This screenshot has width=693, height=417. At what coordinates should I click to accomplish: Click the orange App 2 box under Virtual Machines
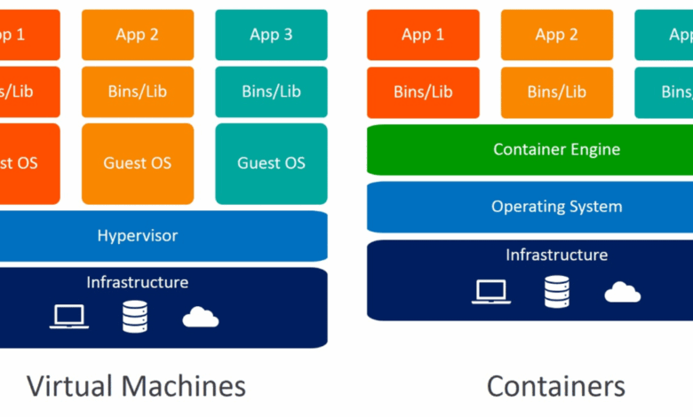point(138,35)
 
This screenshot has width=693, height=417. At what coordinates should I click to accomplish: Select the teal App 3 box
point(271,35)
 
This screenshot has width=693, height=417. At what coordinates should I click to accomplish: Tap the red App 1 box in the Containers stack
point(423,35)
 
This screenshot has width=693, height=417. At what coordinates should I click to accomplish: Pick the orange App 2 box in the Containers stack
point(556,35)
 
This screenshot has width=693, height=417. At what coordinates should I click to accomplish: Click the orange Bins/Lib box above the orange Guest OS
point(138,91)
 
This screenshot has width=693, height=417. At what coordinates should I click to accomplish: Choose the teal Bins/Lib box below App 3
point(271,91)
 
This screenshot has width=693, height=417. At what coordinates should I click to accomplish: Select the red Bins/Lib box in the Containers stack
point(423,91)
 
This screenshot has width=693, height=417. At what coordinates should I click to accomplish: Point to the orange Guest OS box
point(138,163)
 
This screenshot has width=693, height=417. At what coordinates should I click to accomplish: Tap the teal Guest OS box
point(271,163)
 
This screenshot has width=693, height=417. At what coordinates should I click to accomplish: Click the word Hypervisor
point(138,236)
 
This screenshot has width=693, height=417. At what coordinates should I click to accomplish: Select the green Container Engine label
point(556,149)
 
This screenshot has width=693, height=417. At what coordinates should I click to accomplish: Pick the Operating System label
point(556,207)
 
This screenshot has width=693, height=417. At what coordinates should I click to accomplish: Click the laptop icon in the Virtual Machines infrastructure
point(68,316)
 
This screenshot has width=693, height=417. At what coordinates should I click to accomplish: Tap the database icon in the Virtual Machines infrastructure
point(134,316)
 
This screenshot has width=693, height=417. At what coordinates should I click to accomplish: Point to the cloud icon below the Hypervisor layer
point(201,317)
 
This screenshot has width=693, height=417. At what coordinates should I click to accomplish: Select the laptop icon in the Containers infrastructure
point(490,290)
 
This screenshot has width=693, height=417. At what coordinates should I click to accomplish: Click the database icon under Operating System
point(556,290)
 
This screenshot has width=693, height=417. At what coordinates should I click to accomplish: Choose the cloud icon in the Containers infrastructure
point(622,291)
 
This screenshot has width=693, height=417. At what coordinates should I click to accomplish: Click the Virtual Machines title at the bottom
point(136,386)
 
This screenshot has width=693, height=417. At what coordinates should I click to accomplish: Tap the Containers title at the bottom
point(556,386)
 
